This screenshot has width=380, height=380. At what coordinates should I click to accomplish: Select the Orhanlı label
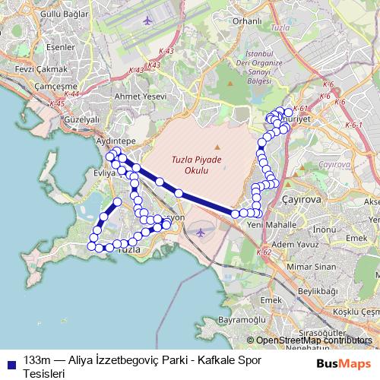(x=248, y=21)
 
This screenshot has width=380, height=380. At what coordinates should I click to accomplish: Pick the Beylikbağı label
(x=317, y=290)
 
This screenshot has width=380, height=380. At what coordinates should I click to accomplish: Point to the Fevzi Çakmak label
(x=25, y=68)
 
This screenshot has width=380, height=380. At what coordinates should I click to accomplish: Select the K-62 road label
(x=264, y=252)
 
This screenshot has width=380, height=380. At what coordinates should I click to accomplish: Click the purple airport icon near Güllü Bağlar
(x=147, y=17)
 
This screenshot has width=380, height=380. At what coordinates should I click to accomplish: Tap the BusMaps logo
(x=344, y=363)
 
